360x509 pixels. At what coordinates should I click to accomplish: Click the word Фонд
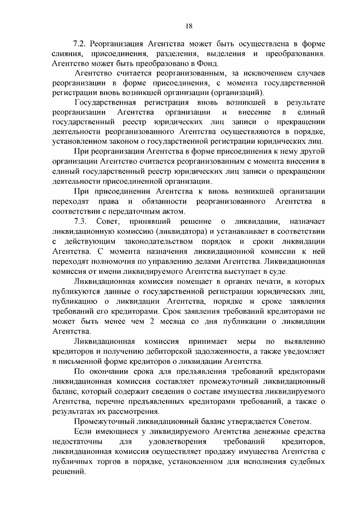[x=206, y=65]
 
